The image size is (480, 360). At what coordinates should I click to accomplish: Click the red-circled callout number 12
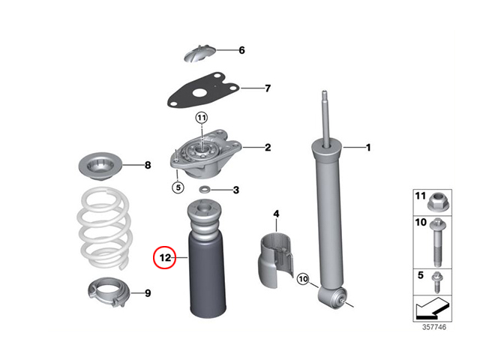pyautogui.click(x=165, y=258)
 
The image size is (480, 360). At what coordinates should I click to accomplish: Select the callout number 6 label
pyautogui.click(x=241, y=50)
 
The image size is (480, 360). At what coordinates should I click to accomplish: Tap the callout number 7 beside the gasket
pyautogui.click(x=268, y=88)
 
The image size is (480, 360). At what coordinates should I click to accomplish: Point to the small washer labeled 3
pyautogui.click(x=204, y=190)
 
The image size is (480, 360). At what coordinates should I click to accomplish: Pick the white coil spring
pyautogui.click(x=105, y=228)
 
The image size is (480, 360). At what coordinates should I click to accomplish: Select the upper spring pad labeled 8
pyautogui.click(x=100, y=166)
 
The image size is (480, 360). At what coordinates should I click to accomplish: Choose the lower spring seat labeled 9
pyautogui.click(x=109, y=292)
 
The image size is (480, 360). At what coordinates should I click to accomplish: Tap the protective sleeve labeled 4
pyautogui.click(x=277, y=259)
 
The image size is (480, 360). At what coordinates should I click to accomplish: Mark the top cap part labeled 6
pyautogui.click(x=199, y=53)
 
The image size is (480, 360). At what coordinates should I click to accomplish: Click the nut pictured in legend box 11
pyautogui.click(x=438, y=202)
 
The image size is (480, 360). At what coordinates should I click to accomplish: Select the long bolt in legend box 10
pyautogui.click(x=437, y=242)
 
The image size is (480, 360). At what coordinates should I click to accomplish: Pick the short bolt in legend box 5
pyautogui.click(x=436, y=283)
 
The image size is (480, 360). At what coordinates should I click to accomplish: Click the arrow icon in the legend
pyautogui.click(x=432, y=308)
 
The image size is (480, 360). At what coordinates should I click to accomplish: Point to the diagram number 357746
pyautogui.click(x=434, y=327)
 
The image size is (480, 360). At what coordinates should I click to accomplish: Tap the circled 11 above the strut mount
pyautogui.click(x=202, y=118)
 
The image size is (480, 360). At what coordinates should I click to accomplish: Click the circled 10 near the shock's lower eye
pyautogui.click(x=303, y=279)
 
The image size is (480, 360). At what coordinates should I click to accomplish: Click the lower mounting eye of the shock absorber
pyautogui.click(x=333, y=297)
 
